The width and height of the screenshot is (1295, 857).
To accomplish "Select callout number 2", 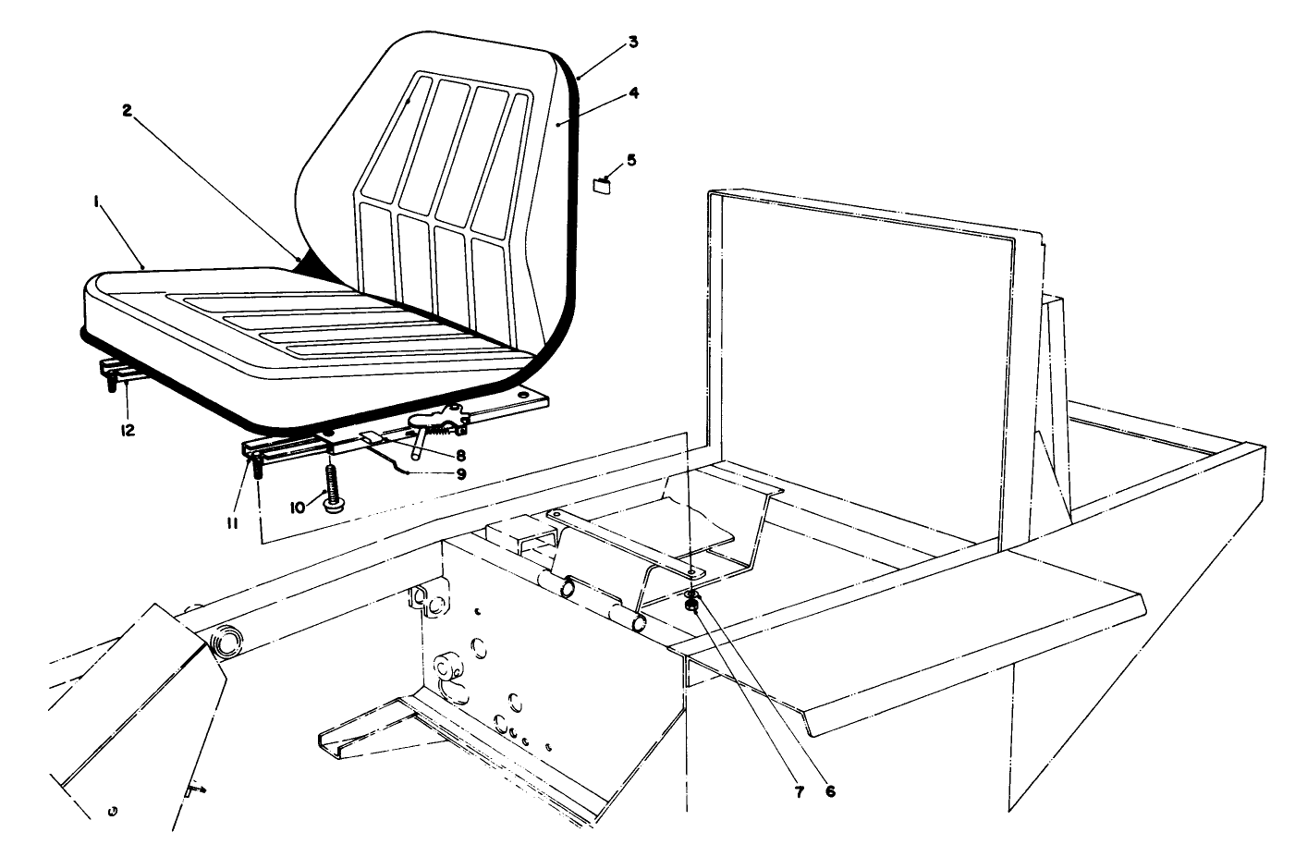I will coord(128,109).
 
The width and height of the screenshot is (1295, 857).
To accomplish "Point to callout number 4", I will coord(633,92).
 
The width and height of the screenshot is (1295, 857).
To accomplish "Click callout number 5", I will coord(631,159).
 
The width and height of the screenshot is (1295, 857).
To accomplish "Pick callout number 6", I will coord(829,791).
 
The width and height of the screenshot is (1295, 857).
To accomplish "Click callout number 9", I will coord(459,474).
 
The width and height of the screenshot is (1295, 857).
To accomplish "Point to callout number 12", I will coord(127,429).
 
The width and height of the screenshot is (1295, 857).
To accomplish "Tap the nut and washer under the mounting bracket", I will coord(690,606).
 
